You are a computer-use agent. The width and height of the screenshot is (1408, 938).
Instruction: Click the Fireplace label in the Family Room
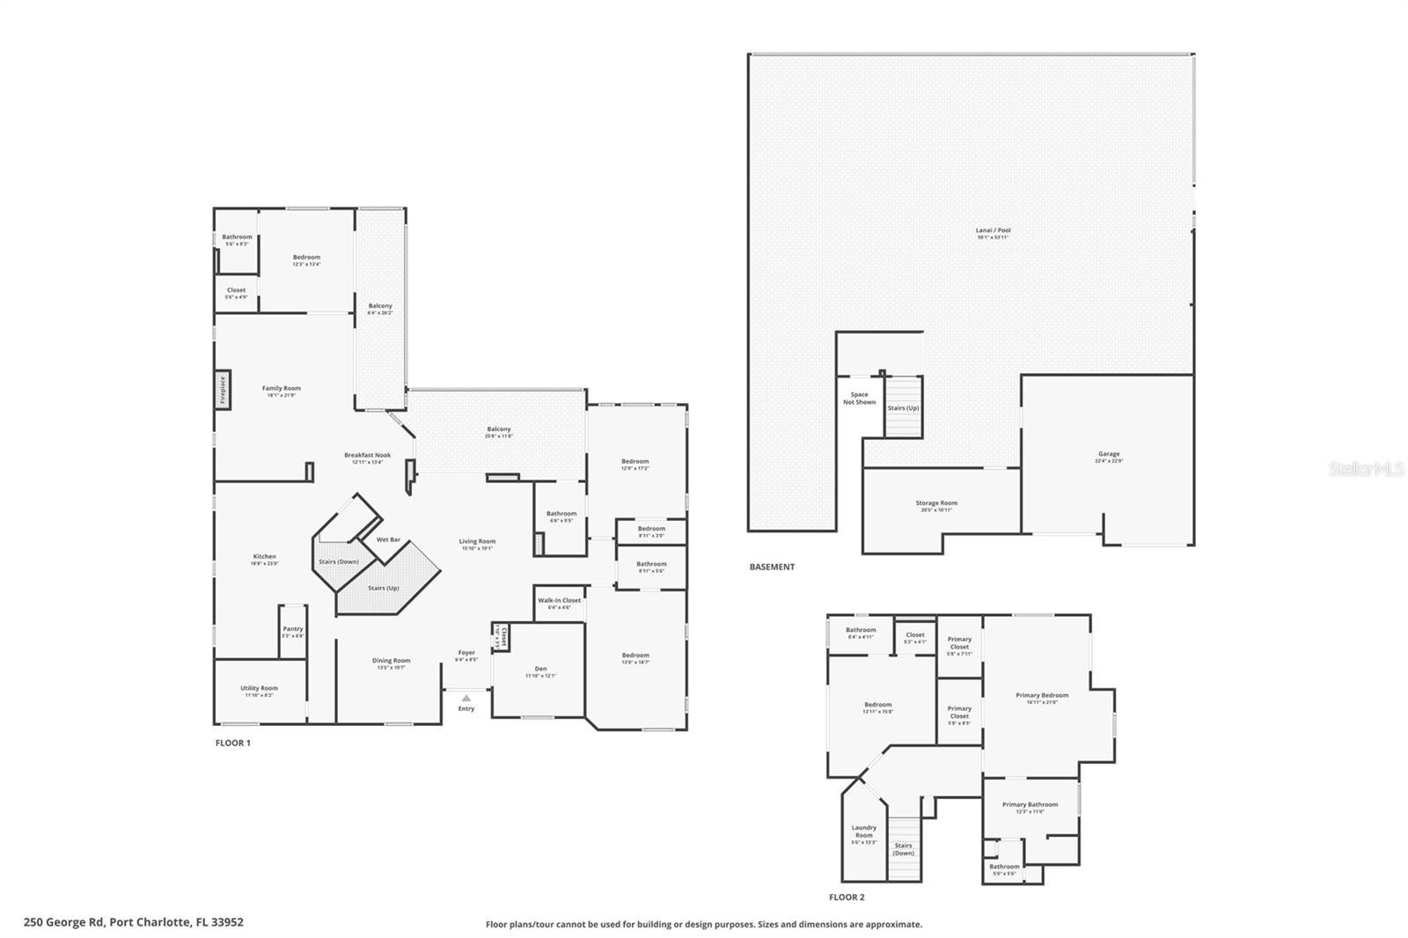[223, 389]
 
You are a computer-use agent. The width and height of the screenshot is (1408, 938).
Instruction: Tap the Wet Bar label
[388, 539]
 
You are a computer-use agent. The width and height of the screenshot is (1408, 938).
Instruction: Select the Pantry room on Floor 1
[293, 630]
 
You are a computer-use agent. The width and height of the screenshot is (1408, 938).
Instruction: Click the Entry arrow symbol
[466, 698]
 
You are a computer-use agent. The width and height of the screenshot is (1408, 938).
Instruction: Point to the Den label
[540, 670]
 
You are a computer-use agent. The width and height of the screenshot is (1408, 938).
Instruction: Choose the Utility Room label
[259, 689]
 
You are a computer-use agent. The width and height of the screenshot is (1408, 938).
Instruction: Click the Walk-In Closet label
[560, 601]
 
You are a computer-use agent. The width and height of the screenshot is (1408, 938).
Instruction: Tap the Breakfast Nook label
[367, 456]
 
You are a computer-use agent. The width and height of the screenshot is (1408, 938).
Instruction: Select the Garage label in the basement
[1109, 455]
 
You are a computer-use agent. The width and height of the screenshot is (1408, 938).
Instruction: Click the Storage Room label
[936, 504]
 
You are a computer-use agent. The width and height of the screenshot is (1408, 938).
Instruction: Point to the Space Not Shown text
[859, 399]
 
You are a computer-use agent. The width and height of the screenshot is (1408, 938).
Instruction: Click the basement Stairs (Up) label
[903, 408]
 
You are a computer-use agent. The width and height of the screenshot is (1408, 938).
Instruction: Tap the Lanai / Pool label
[994, 231]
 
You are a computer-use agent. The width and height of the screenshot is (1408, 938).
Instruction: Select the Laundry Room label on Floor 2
[863, 832]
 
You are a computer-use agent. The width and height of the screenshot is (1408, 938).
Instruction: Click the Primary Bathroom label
[1030, 805]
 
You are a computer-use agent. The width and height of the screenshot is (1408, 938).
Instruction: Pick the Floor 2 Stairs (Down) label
[903, 849]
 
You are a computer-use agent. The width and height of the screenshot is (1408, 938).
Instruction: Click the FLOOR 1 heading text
[233, 744]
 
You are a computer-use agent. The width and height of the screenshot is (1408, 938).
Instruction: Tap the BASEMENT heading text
[772, 568]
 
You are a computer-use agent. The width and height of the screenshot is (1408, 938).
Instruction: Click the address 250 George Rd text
[134, 923]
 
